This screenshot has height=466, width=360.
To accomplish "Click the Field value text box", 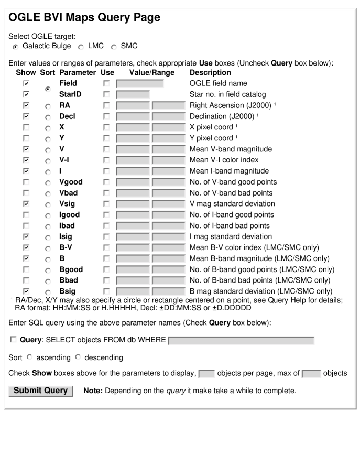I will tap(140, 83).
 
